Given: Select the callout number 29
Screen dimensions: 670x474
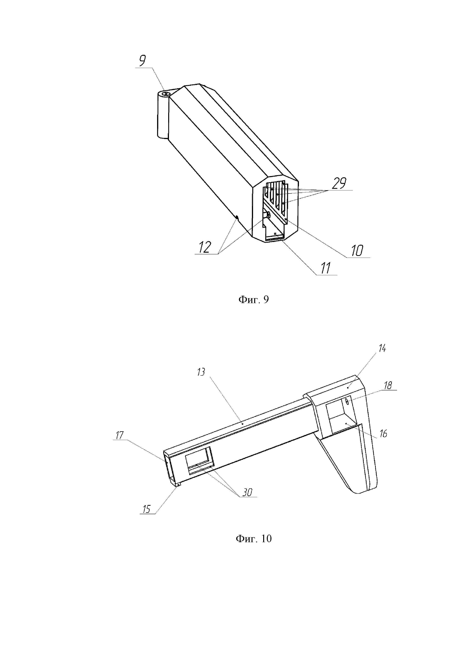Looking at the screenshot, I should tap(339, 184).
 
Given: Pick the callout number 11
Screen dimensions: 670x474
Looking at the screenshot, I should tap(326, 268).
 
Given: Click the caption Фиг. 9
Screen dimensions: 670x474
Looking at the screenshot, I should tap(253, 300).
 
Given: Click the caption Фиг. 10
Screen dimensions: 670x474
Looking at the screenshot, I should tap(253, 538).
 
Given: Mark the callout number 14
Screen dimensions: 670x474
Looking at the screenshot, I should tap(382, 348).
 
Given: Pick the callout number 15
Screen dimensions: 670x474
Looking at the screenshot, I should tap(146, 509).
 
